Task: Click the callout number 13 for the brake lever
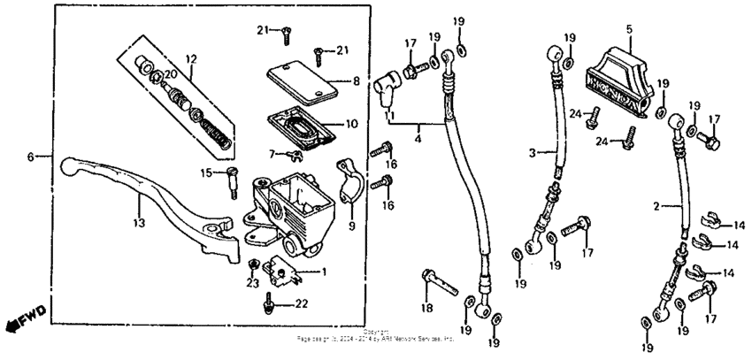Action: coord(139,225)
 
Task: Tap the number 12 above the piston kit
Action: coord(190,59)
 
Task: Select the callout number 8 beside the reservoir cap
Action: coord(356,80)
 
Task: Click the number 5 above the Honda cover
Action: coord(629,29)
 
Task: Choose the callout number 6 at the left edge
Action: coord(30,157)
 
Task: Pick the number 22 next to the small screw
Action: coord(301,304)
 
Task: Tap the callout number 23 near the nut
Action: coord(251,284)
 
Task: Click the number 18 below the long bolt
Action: coord(427,308)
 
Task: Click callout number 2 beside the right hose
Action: coord(656,207)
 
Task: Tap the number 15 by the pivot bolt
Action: coord(207,172)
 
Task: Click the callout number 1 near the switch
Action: coord(324,271)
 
